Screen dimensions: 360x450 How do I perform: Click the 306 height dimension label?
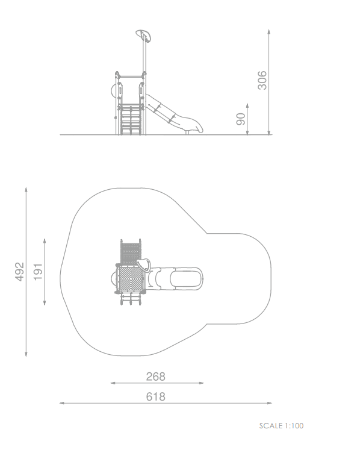262,80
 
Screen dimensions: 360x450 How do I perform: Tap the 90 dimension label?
241,119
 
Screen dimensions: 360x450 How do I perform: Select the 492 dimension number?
19,272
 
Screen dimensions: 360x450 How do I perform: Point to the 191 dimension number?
38,272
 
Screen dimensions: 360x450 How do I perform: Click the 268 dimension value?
156,377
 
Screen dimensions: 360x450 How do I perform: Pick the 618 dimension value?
156,396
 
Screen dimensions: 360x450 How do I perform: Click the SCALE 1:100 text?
281,426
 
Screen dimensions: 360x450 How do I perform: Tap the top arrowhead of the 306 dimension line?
268,31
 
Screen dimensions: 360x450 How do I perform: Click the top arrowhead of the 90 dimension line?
247,105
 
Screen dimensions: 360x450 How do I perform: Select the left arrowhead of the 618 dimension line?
61,403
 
